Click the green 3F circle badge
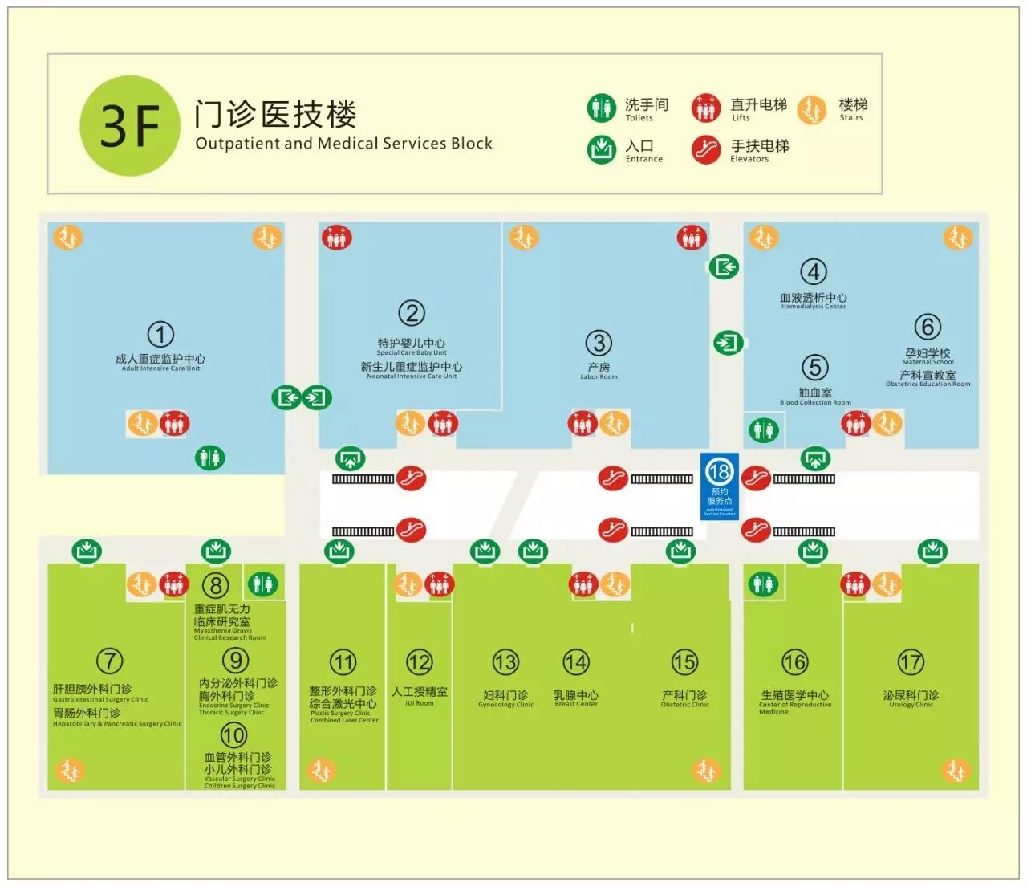tap(130, 126)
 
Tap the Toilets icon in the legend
tap(601, 108)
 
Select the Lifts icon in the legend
tap(706, 108)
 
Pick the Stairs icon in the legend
tap(812, 109)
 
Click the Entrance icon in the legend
tap(601, 149)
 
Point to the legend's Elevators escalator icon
tap(706, 149)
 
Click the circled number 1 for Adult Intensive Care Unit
tap(160, 334)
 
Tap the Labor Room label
tap(599, 371)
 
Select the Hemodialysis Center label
tap(814, 300)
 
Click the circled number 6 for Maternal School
tap(928, 327)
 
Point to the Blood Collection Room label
tap(815, 397)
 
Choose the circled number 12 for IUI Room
tap(419, 662)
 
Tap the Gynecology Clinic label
tap(505, 698)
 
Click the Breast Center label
tap(576, 698)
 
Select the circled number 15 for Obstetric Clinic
tap(684, 662)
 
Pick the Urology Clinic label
tap(911, 698)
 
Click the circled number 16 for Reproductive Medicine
tap(794, 662)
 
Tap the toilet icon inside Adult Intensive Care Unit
tap(210, 458)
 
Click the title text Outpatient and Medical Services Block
tap(343, 144)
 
